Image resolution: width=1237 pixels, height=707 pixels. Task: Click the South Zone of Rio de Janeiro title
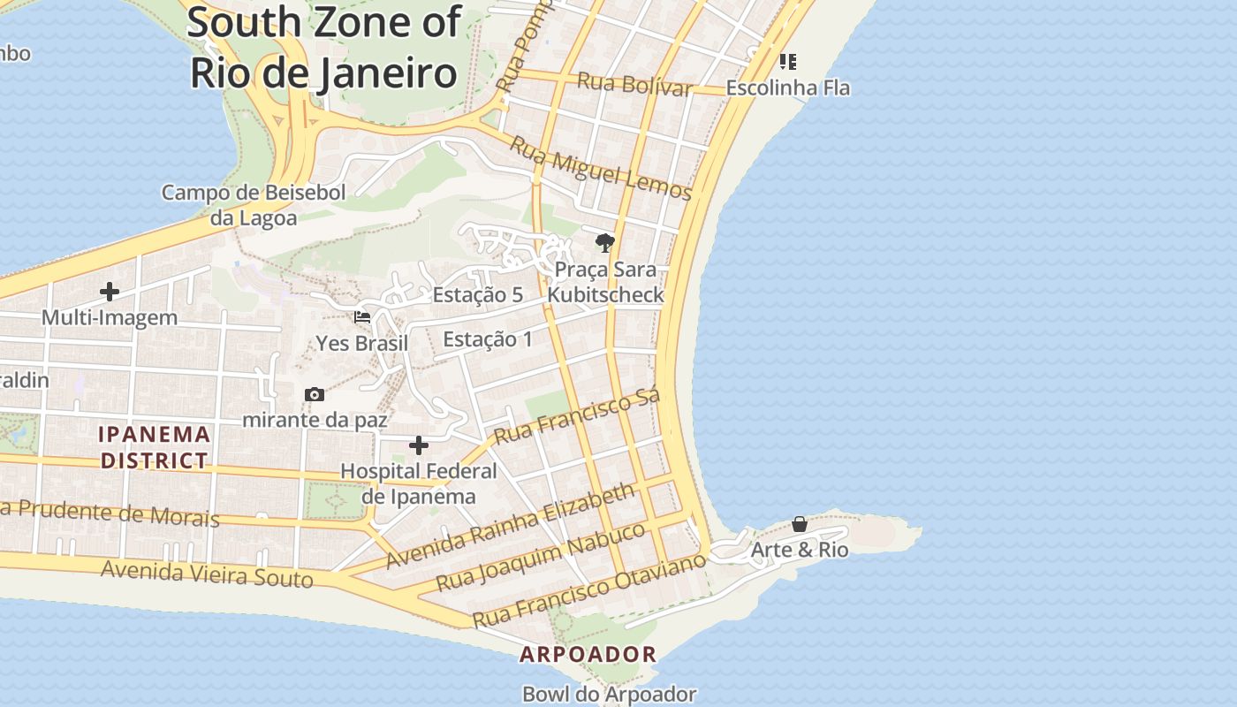coord(323,48)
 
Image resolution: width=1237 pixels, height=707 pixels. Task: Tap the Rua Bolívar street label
coord(634,84)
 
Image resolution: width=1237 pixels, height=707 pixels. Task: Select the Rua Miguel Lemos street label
coord(601,170)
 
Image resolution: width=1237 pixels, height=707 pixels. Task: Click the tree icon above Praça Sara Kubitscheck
coord(604,243)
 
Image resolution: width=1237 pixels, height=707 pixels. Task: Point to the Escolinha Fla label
coord(787,87)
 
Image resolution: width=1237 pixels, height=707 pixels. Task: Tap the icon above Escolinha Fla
coord(787,62)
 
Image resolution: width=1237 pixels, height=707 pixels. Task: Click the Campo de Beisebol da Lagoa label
coord(253,205)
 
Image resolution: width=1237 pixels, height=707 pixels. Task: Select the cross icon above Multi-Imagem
coord(110,292)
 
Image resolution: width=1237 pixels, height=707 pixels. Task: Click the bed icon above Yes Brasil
coord(362,316)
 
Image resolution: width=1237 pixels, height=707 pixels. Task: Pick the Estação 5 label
coord(477,295)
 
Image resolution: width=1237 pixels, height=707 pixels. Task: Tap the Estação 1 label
coord(487,339)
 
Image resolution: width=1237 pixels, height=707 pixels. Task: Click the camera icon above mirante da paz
coord(315,394)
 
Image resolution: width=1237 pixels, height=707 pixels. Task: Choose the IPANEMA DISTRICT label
coord(155,447)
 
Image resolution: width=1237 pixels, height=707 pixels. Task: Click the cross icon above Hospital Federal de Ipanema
coord(419,445)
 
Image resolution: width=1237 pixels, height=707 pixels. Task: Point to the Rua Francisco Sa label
coord(577,418)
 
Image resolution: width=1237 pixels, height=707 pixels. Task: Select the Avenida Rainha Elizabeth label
coord(511,526)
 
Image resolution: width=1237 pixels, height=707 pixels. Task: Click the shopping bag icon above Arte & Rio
coord(800,524)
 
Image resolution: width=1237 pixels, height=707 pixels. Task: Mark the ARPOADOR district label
coord(588,655)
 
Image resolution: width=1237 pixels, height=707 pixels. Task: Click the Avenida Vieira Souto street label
coord(207,574)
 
